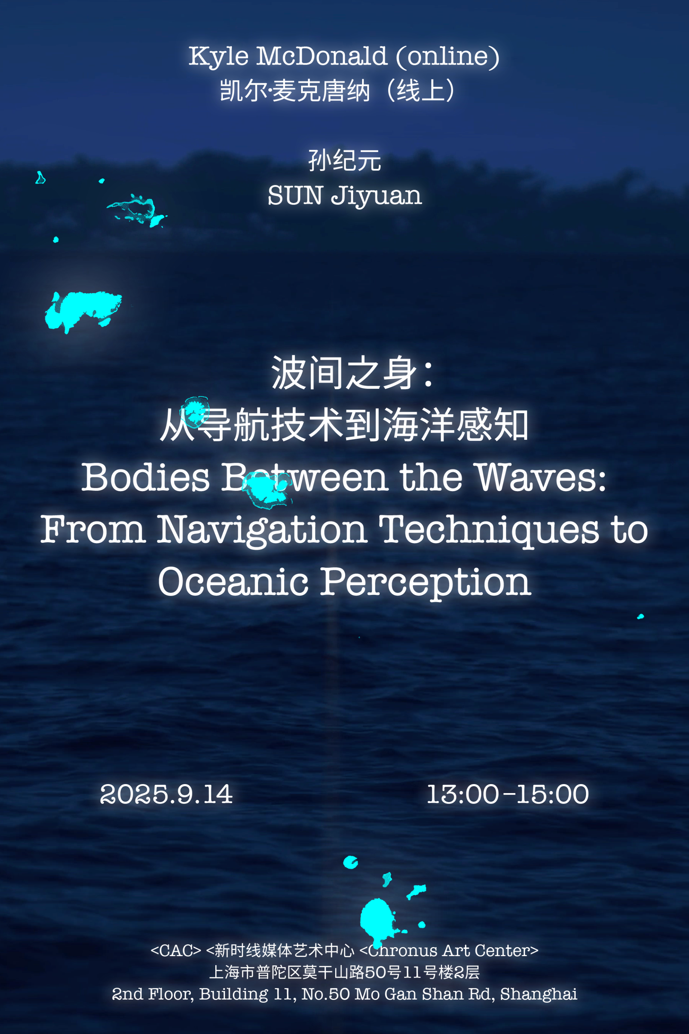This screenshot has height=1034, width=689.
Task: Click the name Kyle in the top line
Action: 219,56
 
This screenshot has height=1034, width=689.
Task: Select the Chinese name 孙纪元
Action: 344,160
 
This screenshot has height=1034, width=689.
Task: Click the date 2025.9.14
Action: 166,794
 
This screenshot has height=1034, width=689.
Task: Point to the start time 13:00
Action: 463,794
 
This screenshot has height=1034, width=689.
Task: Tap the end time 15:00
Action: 552,794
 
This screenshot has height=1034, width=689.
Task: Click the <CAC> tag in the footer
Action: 176,950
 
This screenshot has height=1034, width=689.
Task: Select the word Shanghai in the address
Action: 538,995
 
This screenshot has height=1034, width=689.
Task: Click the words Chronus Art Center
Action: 449,950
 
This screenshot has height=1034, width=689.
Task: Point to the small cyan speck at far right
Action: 641,616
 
